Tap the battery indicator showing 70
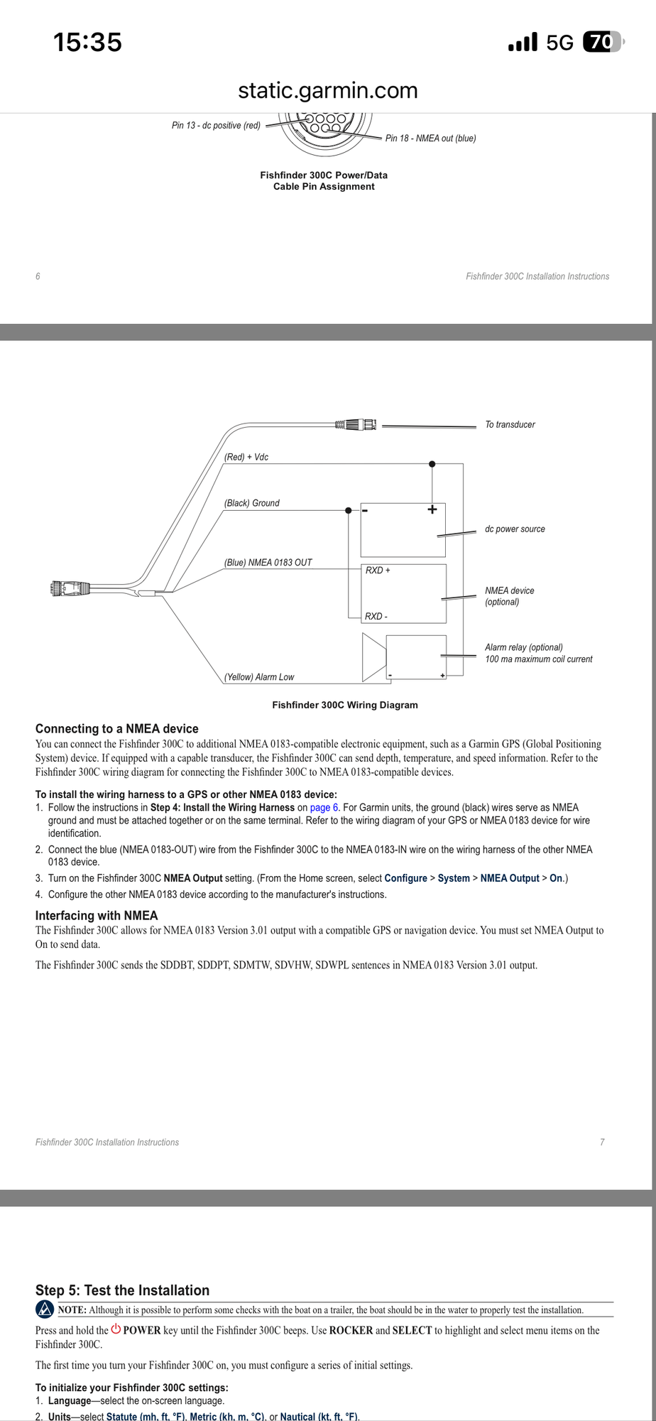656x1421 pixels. coord(601,43)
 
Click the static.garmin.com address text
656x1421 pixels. coord(327,90)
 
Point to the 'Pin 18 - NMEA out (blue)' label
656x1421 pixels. coord(430,139)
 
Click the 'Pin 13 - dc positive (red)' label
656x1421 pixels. coord(216,126)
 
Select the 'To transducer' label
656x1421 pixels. coord(510,425)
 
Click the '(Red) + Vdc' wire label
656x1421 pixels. coord(246,457)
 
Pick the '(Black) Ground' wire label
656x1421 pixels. coord(252,503)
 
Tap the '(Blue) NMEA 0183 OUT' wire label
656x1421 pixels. coord(268,563)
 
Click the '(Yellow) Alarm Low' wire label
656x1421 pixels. coord(259,677)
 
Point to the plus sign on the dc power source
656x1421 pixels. coord(432,509)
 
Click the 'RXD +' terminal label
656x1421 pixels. coord(378,571)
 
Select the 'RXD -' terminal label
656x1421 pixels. coord(376,617)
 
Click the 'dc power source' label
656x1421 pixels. coord(515,529)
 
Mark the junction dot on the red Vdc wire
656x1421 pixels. coord(432,464)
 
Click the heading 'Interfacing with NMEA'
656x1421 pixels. coord(97,916)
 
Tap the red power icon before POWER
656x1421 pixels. coord(116,1329)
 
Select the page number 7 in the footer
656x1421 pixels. coord(602,1142)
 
